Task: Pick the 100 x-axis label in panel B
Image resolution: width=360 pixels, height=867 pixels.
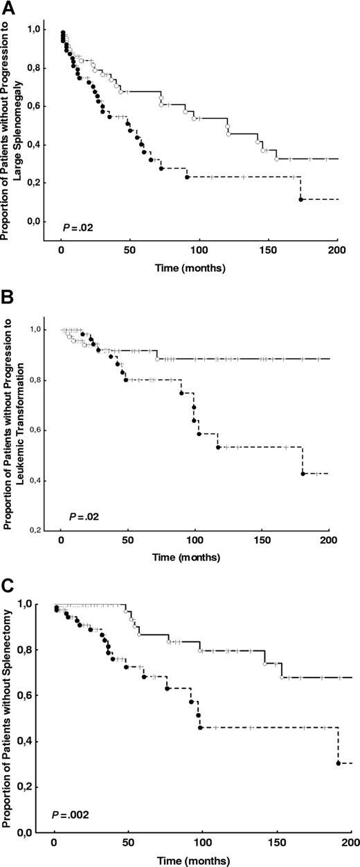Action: [x=195, y=540]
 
